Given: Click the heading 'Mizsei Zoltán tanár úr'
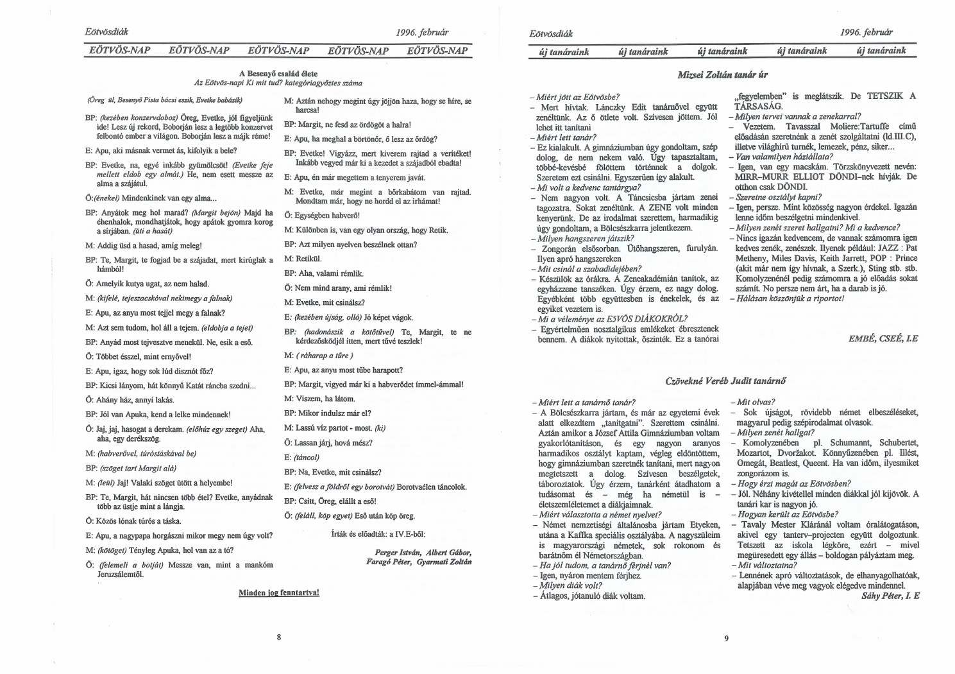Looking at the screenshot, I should point(723,75).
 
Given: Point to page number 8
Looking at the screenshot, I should point(279,637).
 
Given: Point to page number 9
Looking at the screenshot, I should point(726,638).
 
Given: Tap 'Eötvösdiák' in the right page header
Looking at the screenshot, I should point(552,33).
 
